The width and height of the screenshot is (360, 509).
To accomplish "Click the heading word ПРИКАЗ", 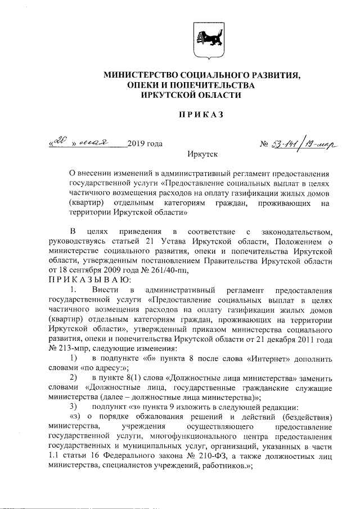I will pos(201,115).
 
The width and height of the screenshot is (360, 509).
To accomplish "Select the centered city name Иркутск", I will pos(201,153).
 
